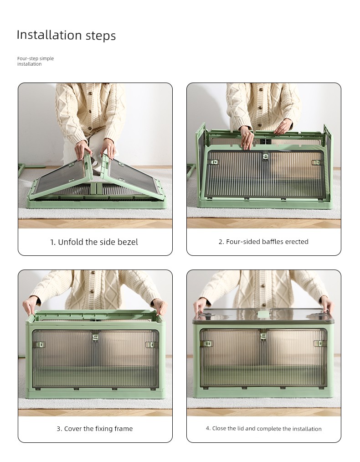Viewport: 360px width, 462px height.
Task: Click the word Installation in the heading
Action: (49, 35)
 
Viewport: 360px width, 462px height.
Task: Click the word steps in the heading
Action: (101, 36)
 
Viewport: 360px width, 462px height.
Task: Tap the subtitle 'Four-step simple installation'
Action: (36, 61)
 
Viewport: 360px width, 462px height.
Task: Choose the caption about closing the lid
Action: (263, 428)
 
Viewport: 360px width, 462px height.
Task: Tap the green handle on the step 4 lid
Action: (263, 314)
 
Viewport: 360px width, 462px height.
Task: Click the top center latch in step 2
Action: (266, 156)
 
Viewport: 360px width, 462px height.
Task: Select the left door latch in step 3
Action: (41, 344)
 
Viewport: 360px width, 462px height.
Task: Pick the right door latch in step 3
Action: (150, 344)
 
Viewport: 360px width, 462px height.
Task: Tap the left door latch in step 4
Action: (208, 343)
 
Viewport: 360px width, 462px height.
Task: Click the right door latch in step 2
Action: (316, 162)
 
